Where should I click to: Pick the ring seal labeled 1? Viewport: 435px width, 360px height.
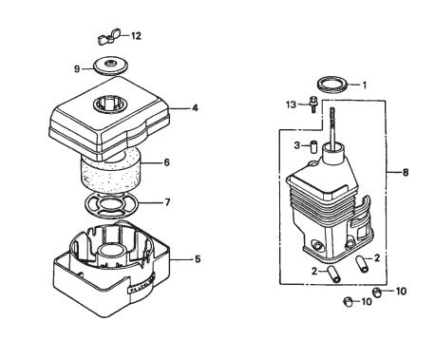pos(331,85)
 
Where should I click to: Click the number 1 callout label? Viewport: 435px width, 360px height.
pos(363,84)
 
